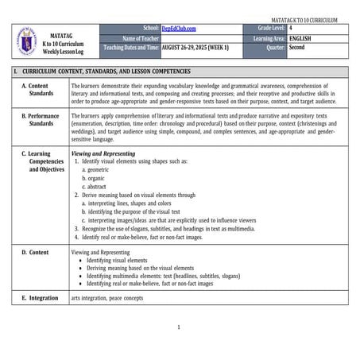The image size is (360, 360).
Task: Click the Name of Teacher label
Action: coord(141,37)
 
